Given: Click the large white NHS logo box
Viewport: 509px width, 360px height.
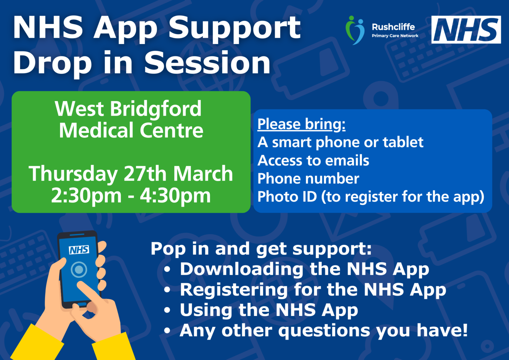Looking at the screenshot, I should point(466,30).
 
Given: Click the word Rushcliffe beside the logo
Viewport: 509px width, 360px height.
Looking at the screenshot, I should point(393,27).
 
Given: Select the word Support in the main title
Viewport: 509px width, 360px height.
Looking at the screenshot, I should point(235,28).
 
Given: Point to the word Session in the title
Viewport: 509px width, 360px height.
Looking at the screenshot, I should point(207,63).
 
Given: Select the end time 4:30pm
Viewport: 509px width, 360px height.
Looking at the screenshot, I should point(175,196).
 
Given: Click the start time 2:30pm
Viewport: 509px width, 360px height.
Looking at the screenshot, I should point(86,196).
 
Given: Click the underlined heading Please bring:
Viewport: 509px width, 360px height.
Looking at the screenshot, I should point(301,124).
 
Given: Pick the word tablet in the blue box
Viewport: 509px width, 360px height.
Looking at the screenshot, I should point(403,142).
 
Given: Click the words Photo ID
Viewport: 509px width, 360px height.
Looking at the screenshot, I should point(287,197).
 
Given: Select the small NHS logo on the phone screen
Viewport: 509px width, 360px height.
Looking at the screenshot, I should point(79,250).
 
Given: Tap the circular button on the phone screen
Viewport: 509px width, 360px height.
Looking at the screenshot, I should point(79,270).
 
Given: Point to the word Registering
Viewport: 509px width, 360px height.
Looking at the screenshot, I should point(234,290).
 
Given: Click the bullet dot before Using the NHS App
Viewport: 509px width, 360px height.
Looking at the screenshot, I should point(167,310).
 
